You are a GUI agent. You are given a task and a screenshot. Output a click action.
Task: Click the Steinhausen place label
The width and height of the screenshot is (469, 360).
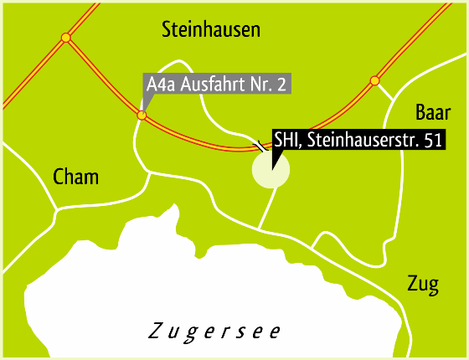(x=210, y=31)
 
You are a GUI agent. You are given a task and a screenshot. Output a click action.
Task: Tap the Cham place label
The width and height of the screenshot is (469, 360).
(x=75, y=177)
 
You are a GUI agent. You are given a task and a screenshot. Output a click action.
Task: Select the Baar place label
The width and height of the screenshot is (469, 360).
(x=434, y=113)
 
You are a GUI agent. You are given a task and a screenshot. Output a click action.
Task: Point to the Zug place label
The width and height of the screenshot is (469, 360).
(x=422, y=285)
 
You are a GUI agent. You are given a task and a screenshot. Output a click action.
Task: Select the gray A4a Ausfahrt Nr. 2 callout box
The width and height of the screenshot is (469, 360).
(x=216, y=85)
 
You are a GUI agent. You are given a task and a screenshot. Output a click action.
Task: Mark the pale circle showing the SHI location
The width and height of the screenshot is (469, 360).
(x=271, y=169)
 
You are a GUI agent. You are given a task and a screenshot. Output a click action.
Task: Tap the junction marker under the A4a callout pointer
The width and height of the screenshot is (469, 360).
(x=142, y=116)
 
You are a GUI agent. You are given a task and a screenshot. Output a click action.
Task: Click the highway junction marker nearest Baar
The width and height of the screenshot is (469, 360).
(x=375, y=81)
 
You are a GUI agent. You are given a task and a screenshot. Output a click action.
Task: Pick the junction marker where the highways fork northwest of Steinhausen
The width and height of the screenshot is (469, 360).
(x=65, y=38)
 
